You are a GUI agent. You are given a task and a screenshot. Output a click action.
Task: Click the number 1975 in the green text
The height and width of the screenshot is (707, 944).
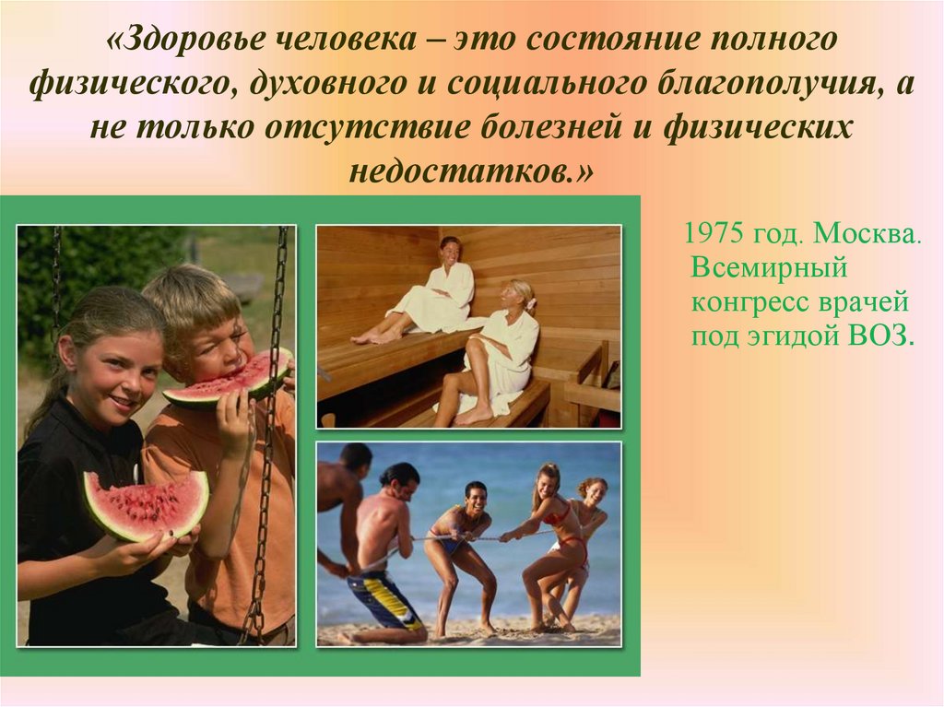point(714,233)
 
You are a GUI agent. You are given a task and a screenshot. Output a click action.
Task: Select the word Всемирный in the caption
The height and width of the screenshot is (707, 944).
point(769,266)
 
